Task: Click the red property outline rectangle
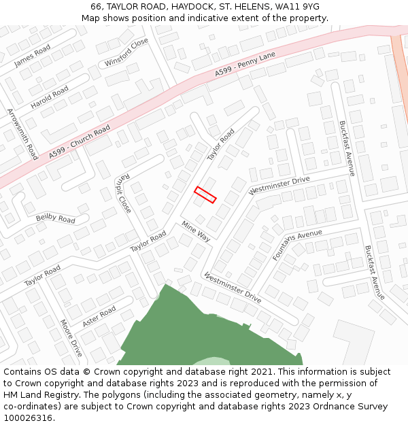pyautogui.click(x=205, y=194)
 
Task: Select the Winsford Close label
pyautogui.click(x=126, y=52)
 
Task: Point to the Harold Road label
pyautogui.click(x=50, y=97)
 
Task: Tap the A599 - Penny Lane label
pyautogui.click(x=245, y=63)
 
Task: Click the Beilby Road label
pyautogui.click(x=56, y=219)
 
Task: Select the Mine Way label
pyautogui.click(x=196, y=231)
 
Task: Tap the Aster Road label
pyautogui.click(x=99, y=316)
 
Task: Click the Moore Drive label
pyautogui.click(x=71, y=338)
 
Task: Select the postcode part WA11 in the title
pyautogui.click(x=288, y=7)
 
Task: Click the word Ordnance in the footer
pyautogui.click(x=341, y=406)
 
